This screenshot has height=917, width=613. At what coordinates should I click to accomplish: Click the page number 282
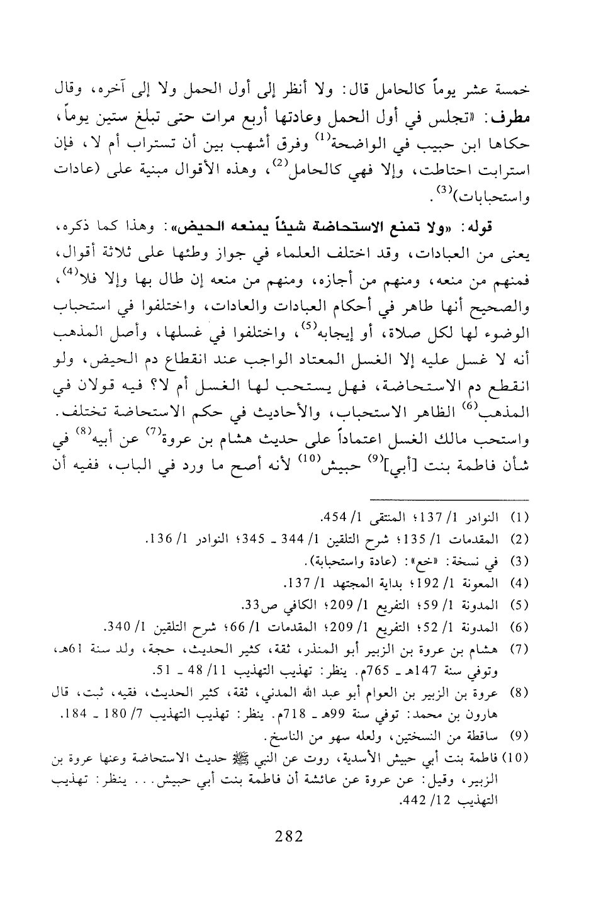(290, 837)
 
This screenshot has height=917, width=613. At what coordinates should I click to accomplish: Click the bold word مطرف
(510, 118)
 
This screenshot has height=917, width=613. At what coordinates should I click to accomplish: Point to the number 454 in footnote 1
(332, 519)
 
